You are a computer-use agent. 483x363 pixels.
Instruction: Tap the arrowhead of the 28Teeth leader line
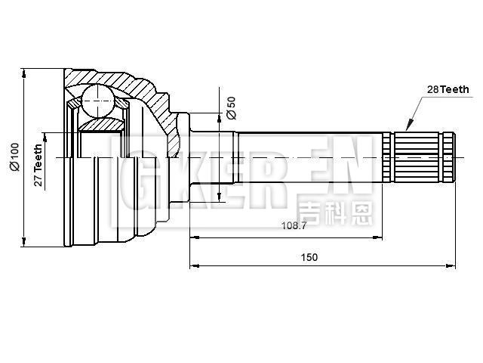click(408, 126)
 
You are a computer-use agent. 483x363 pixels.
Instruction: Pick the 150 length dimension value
click(309, 257)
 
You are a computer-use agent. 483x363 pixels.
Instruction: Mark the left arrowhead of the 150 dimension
click(193, 265)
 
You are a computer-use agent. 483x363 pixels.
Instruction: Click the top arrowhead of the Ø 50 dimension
click(220, 116)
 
